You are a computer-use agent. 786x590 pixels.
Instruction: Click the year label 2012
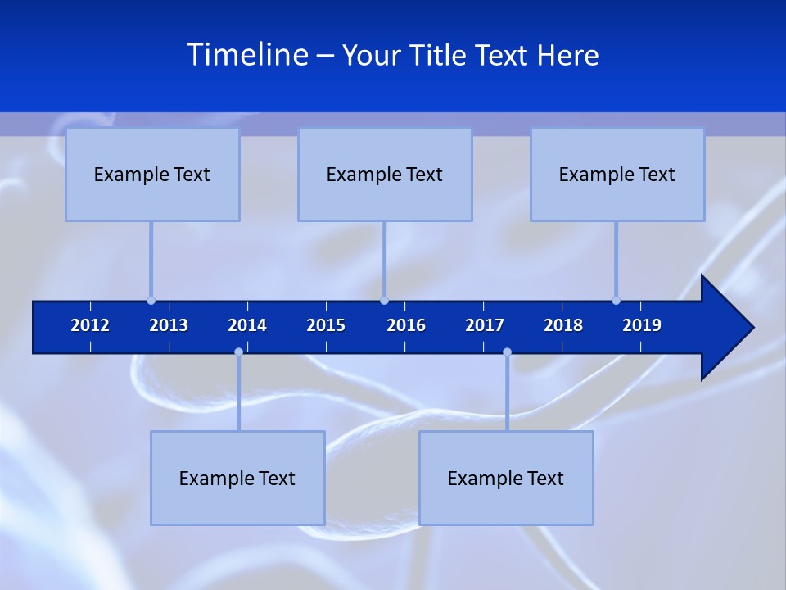90,325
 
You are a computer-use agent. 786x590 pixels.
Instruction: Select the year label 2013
169,325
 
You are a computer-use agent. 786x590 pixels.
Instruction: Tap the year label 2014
247,325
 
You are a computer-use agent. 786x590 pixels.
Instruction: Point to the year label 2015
326,325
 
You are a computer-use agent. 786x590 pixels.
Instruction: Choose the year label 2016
406,325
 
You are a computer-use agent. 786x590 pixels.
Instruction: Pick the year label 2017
485,325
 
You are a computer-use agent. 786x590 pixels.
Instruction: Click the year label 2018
563,325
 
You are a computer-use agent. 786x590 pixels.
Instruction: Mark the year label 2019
642,325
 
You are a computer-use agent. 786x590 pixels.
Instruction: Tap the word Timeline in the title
247,55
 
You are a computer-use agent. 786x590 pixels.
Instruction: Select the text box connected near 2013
152,175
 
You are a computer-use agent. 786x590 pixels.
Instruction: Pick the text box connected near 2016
385,175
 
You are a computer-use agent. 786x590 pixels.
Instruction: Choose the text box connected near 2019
617,175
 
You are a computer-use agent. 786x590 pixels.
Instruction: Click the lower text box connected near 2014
237,478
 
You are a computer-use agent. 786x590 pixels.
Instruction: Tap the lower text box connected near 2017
506,478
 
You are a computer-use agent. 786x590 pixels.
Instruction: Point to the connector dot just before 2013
151,301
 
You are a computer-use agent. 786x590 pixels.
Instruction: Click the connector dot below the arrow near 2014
238,352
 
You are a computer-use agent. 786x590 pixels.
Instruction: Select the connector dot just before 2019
616,301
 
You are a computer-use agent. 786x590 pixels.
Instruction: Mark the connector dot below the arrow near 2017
507,352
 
